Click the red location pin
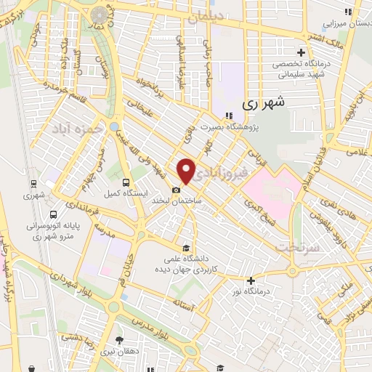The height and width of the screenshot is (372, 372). point(187,171)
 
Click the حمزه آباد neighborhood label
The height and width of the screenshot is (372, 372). point(72,127)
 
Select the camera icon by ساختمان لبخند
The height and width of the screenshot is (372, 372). point(177,190)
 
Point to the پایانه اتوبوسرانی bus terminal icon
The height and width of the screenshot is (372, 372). point(53,214)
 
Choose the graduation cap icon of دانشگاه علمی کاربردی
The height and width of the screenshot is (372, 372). point(187,246)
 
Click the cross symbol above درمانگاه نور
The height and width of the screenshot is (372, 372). point(251,280)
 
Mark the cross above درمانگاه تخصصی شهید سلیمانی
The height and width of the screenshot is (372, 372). point(302,52)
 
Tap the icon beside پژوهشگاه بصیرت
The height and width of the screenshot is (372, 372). point(229,116)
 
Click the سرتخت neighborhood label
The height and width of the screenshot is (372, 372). point(294,247)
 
